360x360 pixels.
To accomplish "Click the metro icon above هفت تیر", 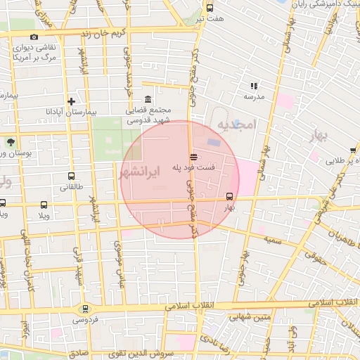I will (x=210, y=8).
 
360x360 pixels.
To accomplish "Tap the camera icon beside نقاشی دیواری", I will (x=34, y=37).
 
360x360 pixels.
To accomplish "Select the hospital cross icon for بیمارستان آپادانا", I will (x=71, y=101).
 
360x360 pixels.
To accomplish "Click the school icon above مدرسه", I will (x=254, y=86).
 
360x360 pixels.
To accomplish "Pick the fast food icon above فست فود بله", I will (x=193, y=156).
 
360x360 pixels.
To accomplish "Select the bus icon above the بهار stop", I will (x=229, y=196).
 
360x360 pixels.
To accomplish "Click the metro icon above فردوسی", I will (x=85, y=308).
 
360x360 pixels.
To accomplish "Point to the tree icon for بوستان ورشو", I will (x=11, y=142).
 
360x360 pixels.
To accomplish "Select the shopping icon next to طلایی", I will (x=353, y=150).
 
